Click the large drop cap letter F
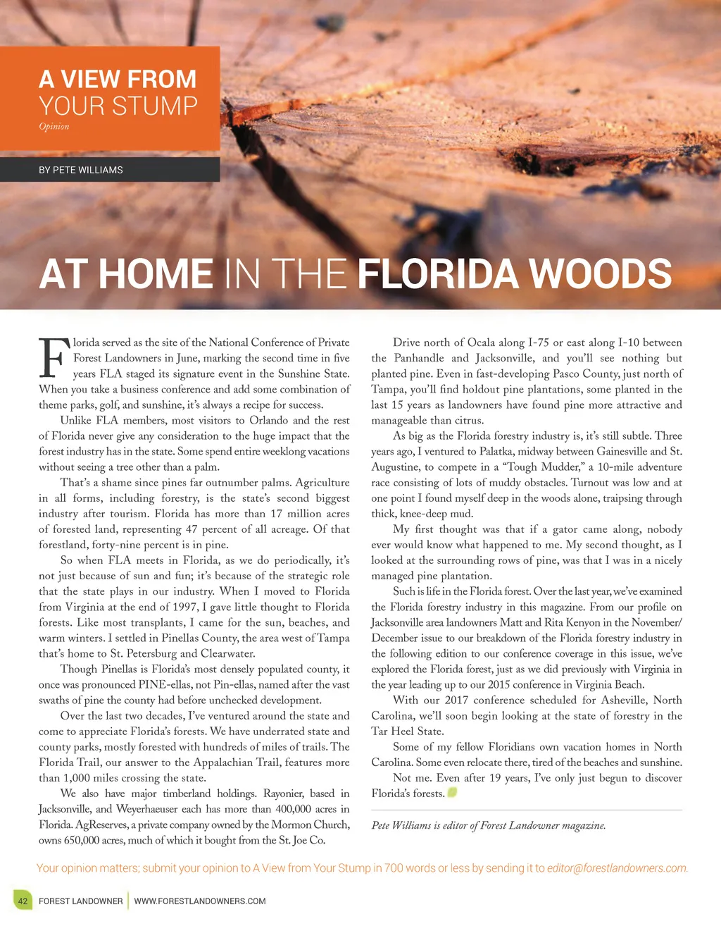(x=54, y=359)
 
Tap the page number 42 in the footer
(x=23, y=901)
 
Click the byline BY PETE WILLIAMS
(x=81, y=170)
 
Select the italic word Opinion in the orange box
(x=54, y=127)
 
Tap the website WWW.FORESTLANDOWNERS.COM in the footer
(x=200, y=901)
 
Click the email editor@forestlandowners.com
(x=617, y=868)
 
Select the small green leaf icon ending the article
(x=453, y=792)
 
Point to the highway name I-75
(x=539, y=342)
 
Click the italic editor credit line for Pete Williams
(x=489, y=825)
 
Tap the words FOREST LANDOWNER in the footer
(x=81, y=901)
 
